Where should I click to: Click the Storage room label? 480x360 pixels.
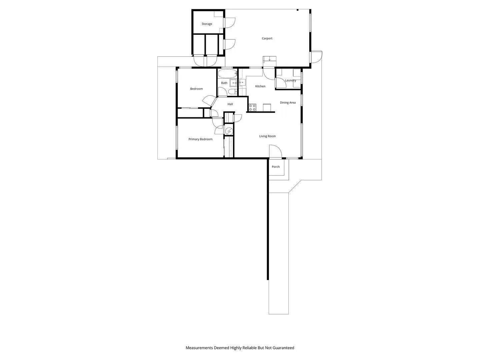[x=207, y=24]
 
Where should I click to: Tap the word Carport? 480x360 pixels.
[x=267, y=39]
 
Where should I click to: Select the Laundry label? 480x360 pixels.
[x=291, y=80]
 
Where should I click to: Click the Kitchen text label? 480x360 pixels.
[x=260, y=86]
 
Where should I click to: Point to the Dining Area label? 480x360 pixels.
[x=288, y=103]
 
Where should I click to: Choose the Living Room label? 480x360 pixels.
[x=267, y=136]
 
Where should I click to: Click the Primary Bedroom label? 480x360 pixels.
[x=200, y=139]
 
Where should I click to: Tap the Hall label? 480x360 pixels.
[x=230, y=104]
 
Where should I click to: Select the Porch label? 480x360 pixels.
[x=276, y=167]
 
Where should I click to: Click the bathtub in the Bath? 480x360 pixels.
[x=227, y=73]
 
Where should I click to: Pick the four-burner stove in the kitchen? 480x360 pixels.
[x=252, y=107]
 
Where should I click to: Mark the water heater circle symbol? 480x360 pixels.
[x=229, y=131]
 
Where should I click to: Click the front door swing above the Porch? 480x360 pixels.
[x=275, y=151]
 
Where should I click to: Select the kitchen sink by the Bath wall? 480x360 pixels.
[x=242, y=82]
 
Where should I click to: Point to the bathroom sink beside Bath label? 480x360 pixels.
[x=233, y=82]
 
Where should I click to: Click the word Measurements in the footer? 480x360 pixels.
[x=199, y=348]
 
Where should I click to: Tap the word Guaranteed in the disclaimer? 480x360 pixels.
[x=283, y=348]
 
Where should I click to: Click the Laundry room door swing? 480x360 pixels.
[x=281, y=83]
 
